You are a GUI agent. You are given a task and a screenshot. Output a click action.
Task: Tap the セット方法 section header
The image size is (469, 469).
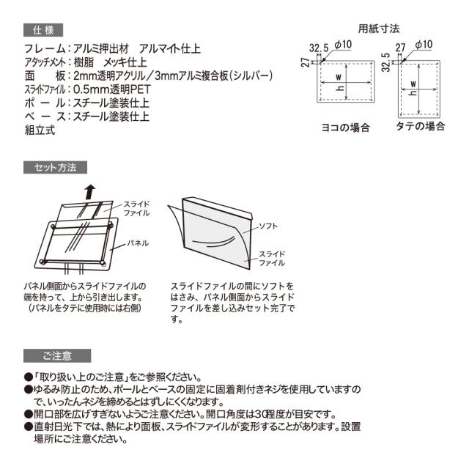pyautogui.click(x=56, y=167)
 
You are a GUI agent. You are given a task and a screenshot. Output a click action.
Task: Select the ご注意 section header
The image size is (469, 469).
pyautogui.click(x=56, y=356)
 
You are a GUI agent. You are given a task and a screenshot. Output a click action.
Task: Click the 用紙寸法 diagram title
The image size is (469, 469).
pyautogui.click(x=378, y=29)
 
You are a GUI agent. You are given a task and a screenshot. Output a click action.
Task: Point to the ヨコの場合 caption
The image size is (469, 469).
pyautogui.click(x=345, y=127)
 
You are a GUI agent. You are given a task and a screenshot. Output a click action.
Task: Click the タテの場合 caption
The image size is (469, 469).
pyautogui.click(x=421, y=127)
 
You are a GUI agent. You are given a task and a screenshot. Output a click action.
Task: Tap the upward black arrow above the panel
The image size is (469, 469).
pyautogui.click(x=89, y=191)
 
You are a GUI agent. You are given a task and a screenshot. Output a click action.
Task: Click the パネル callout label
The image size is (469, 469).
pyautogui.click(x=138, y=241)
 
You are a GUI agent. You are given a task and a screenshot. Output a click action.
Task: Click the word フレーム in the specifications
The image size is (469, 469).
pyautogui.click(x=44, y=49)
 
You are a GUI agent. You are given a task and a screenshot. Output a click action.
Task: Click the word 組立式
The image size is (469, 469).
pyautogui.click(x=40, y=130)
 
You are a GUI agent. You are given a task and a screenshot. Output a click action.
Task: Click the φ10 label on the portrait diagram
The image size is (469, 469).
pyautogui.click(x=423, y=45)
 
